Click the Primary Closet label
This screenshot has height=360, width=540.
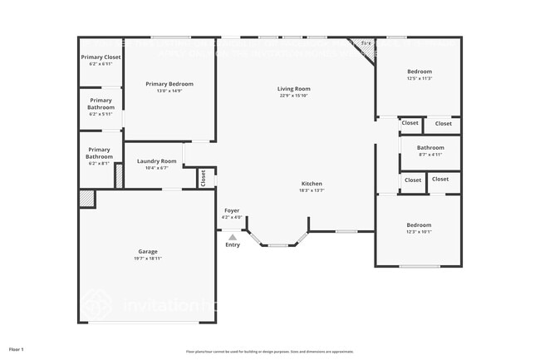click(101, 57)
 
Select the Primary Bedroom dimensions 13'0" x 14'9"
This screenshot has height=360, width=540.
click(169, 91)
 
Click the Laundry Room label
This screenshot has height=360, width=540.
click(157, 160)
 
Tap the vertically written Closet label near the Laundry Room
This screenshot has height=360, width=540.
click(202, 177)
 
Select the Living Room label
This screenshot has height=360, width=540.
click(294, 89)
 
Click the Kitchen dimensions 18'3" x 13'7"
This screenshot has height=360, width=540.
click(312, 190)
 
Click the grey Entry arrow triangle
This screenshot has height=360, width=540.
click(232, 237)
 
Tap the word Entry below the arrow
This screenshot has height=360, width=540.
click(232, 245)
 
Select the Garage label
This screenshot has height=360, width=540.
click(148, 251)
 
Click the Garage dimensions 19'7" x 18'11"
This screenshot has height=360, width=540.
click(148, 259)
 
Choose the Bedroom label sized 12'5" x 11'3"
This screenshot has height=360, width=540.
click(419, 72)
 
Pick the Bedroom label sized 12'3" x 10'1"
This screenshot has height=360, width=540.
click(419, 224)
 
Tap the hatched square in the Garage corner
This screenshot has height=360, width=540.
click(86, 198)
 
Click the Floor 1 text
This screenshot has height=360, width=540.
click(17, 348)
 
